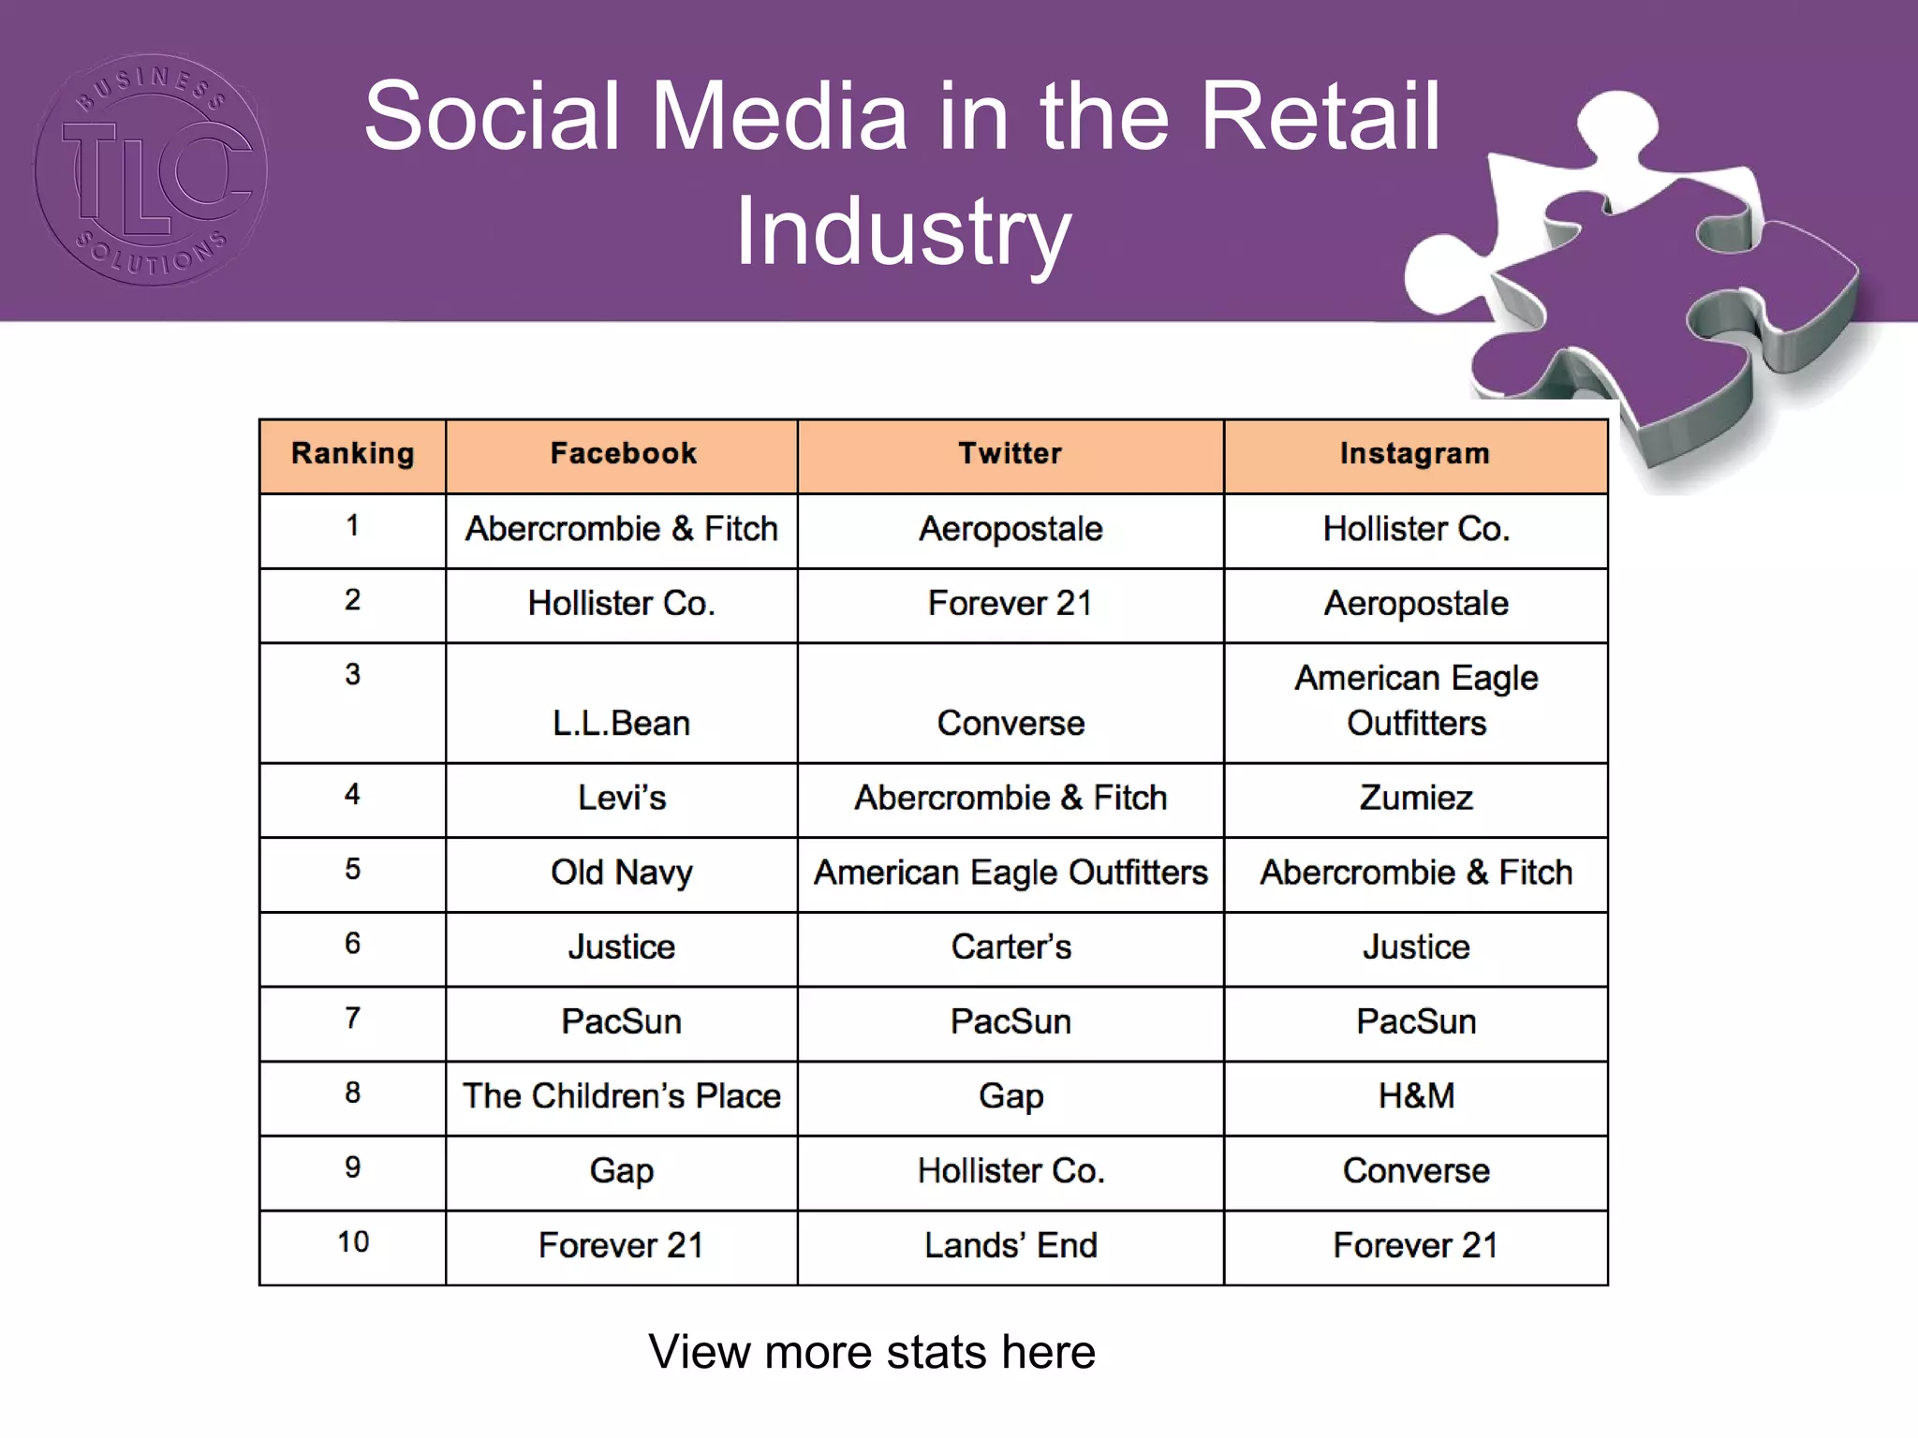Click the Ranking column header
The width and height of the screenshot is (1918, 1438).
click(x=352, y=454)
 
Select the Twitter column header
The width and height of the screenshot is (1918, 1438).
click(x=1010, y=454)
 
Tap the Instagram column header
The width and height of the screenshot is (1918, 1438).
click(x=1414, y=454)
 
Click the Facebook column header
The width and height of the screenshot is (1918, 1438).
click(x=623, y=454)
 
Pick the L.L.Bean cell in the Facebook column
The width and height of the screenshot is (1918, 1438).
click(x=621, y=723)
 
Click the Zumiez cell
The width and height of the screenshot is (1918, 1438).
click(x=1415, y=798)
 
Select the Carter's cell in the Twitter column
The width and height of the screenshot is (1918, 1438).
click(x=1011, y=946)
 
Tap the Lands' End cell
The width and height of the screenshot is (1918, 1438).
click(x=1011, y=1245)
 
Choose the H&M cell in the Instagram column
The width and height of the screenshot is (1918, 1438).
click(x=1415, y=1096)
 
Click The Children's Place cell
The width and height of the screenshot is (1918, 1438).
click(x=621, y=1096)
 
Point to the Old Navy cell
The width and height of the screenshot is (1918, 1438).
click(x=621, y=873)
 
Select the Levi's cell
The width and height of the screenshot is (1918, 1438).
click(x=621, y=798)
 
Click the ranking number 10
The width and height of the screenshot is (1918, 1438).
click(x=353, y=1242)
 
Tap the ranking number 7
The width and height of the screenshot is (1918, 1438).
click(x=352, y=1018)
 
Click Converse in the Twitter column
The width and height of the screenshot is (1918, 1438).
click(x=1011, y=723)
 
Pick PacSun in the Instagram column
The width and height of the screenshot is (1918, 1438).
click(x=1415, y=1021)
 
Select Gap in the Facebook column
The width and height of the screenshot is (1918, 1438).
click(x=621, y=1171)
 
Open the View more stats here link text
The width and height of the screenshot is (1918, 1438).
click(x=871, y=1352)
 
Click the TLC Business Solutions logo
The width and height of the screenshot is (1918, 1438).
click(x=150, y=169)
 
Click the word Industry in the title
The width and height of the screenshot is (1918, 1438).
click(x=903, y=231)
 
